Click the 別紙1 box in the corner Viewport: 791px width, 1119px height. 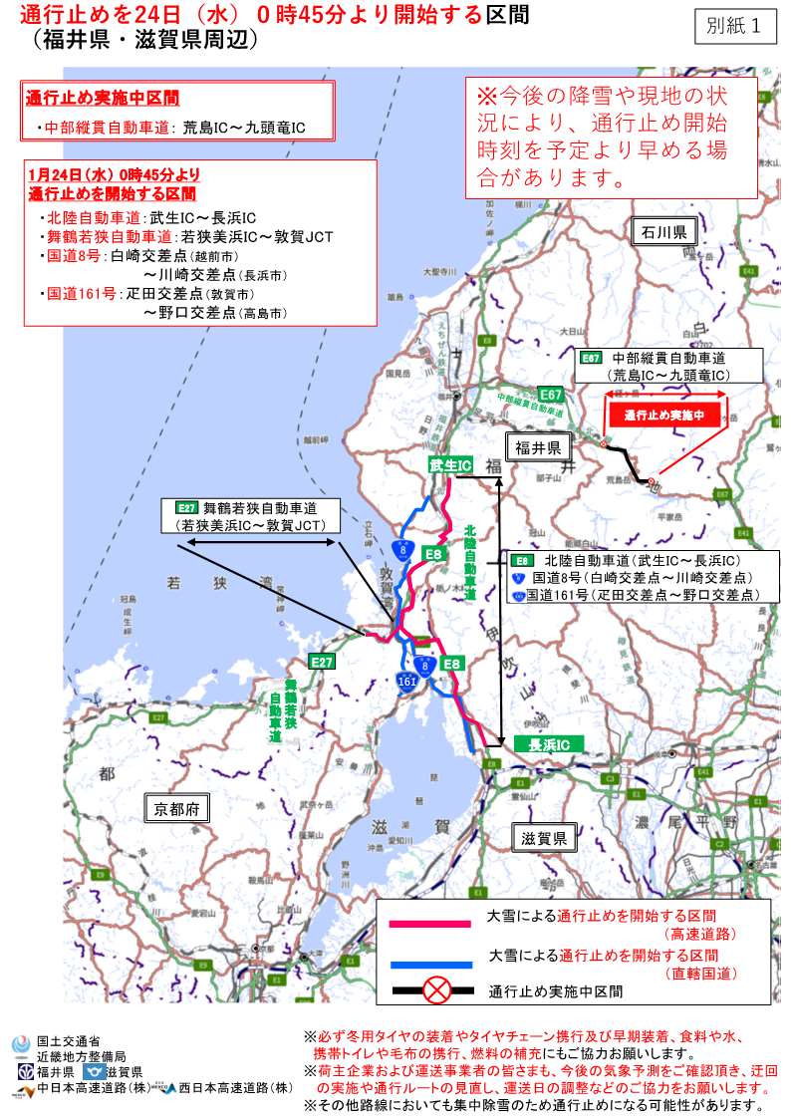[x=736, y=27]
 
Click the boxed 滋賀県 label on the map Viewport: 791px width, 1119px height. [x=544, y=838]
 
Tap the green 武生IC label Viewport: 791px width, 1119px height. [x=450, y=465]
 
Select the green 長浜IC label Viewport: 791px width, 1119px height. [x=548, y=744]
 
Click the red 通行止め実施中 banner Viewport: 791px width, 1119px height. [x=664, y=414]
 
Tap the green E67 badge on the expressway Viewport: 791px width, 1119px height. [x=551, y=395]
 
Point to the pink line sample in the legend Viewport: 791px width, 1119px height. [x=429, y=925]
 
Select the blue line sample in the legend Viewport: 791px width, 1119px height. [x=429, y=965]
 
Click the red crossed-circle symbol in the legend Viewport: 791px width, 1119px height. [x=437, y=991]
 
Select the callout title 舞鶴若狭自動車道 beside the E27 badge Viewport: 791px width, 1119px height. [x=258, y=506]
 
